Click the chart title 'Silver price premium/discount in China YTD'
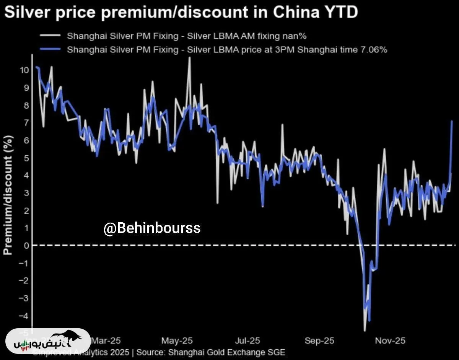click(x=181, y=12)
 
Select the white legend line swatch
click(x=50, y=36)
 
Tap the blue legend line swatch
click(x=50, y=49)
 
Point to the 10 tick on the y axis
click(x=24, y=70)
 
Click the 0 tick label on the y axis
click(x=26, y=245)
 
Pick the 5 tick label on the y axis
click(x=26, y=158)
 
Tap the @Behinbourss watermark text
click(x=152, y=228)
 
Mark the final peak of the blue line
click(x=452, y=121)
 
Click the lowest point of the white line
click(x=365, y=331)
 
